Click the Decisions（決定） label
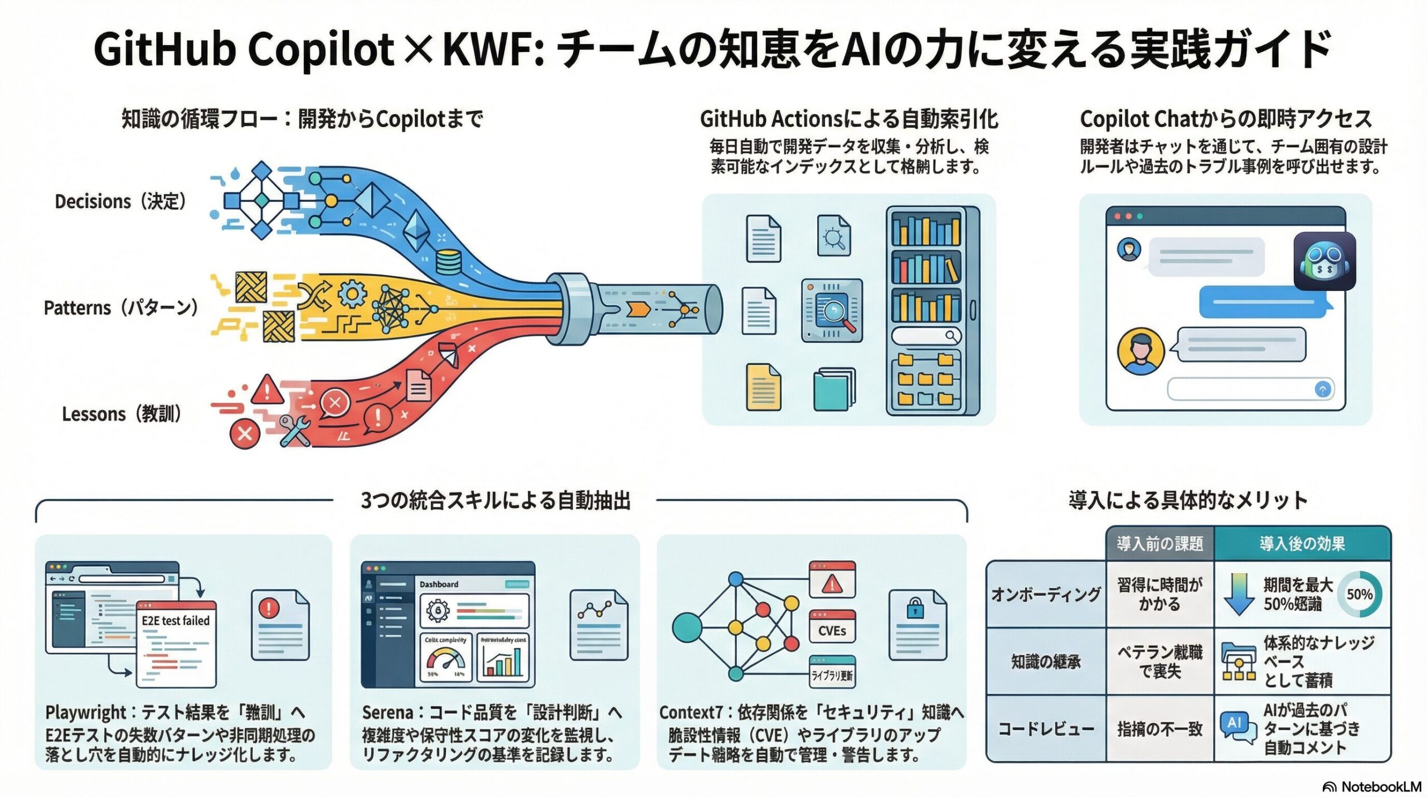[x=120, y=201]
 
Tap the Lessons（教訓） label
[x=122, y=414]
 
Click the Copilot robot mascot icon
[x=1324, y=262]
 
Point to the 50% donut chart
[x=1359, y=595]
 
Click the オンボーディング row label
[x=1046, y=595]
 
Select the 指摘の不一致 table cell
[x=1160, y=729]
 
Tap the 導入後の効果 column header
[x=1302, y=543]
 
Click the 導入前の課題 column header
[x=1160, y=543]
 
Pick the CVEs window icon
[x=832, y=626]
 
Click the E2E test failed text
[x=176, y=621]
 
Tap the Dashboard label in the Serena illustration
[x=439, y=584]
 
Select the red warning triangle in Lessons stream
[x=268, y=389]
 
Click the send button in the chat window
[x=1322, y=389]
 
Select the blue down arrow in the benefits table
[x=1239, y=595]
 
